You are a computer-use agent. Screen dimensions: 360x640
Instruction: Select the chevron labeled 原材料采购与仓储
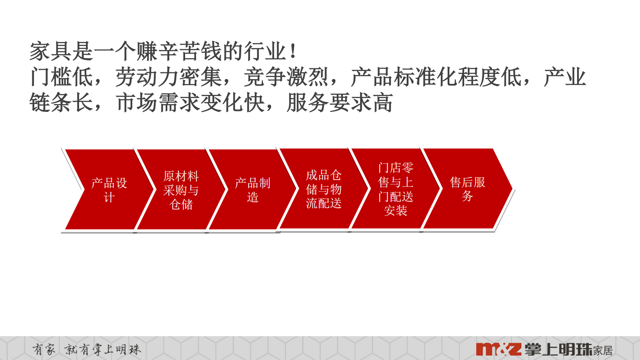181,190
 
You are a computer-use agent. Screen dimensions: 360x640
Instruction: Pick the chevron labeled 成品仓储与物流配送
324,189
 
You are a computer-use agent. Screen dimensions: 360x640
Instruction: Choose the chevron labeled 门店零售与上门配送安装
396,189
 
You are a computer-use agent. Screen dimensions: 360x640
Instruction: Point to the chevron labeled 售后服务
467,189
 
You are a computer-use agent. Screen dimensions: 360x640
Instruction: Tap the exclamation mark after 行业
293,52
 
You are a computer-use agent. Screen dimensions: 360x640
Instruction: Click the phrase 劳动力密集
169,77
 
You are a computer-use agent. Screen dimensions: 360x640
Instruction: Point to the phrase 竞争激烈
286,77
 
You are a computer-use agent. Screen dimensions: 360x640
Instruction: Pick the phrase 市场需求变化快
190,103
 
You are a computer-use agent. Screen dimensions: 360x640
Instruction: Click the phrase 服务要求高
340,103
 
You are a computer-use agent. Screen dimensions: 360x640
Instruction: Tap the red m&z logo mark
498,349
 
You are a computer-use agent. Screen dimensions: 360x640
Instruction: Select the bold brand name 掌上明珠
558,350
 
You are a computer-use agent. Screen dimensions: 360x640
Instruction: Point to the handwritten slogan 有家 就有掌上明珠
87,349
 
